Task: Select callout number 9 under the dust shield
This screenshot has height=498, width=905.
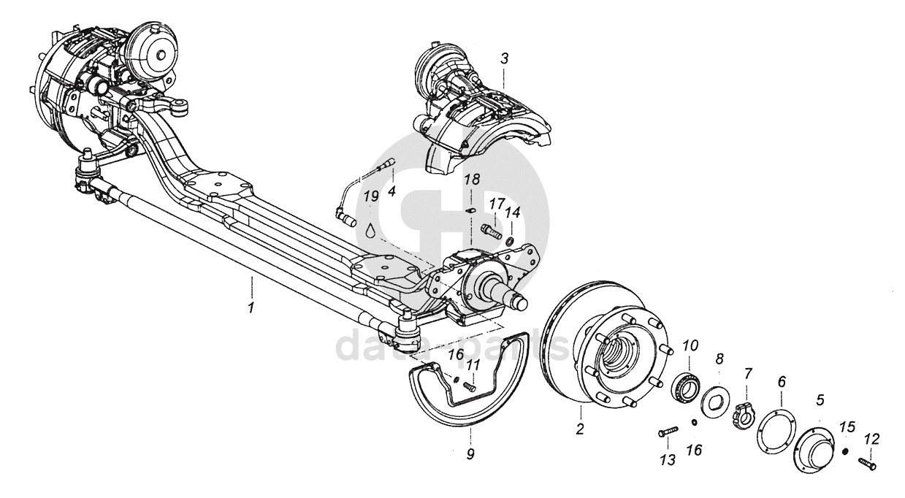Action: coord(470,454)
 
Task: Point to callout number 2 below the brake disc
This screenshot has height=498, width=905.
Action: coord(580,429)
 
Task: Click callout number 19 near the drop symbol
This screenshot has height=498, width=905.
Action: coord(371,196)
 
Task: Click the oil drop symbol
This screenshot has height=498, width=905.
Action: coord(372,230)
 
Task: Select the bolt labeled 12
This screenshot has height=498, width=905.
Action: coord(867,462)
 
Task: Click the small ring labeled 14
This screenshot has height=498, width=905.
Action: coord(509,240)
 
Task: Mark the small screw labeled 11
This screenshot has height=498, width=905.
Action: coord(469,387)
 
